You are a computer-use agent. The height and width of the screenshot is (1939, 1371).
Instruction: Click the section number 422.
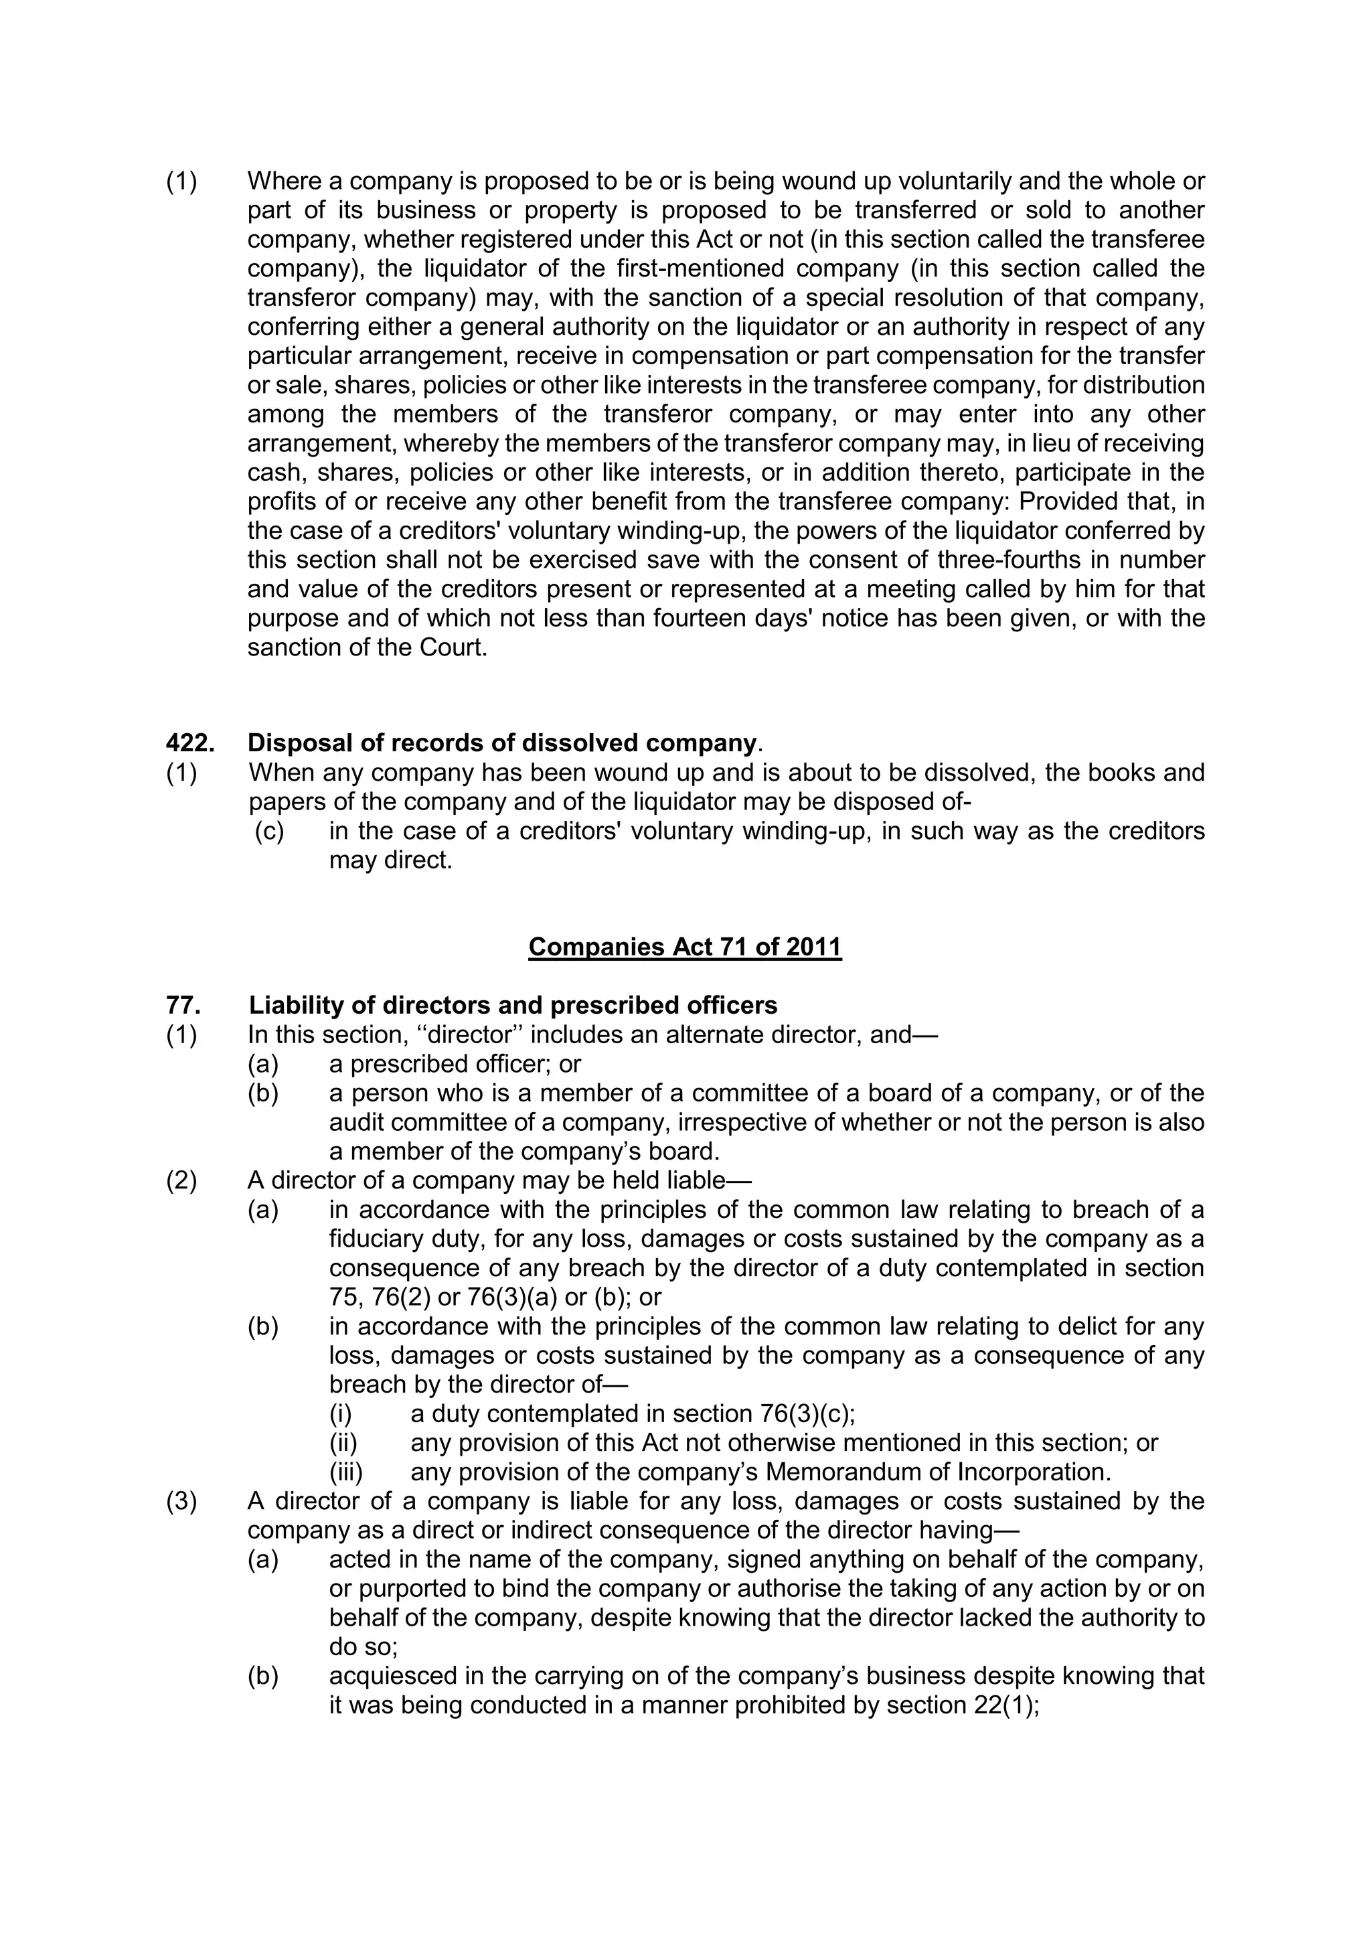(190, 743)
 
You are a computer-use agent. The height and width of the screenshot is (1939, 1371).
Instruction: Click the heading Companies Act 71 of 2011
(685, 947)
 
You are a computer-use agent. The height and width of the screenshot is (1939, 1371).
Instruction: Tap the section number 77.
(183, 1005)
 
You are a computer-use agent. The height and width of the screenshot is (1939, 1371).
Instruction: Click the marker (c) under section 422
(270, 831)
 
